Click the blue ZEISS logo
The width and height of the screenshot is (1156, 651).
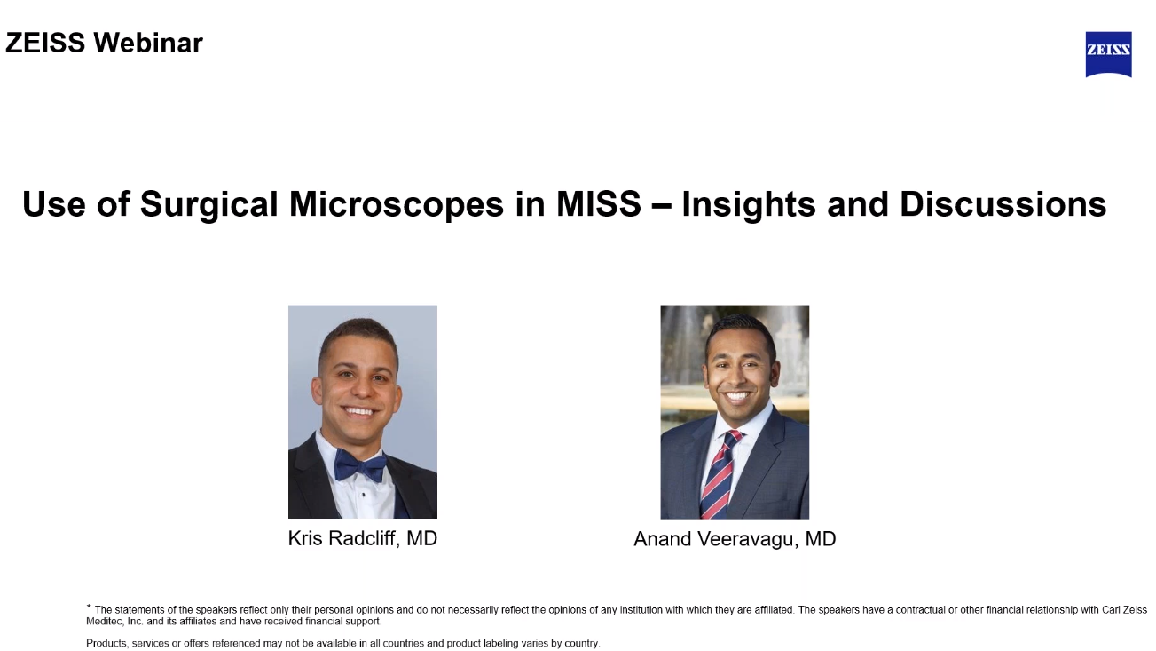tap(1108, 54)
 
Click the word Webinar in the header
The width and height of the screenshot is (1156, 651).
tap(148, 43)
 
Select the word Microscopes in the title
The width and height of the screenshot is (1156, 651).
tap(396, 204)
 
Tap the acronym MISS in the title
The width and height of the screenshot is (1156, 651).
tap(598, 203)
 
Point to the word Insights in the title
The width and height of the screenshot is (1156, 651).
tap(749, 205)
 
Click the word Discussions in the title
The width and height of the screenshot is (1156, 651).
tap(1003, 203)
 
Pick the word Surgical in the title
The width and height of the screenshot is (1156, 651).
tap(208, 204)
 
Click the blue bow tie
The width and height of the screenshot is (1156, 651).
tap(360, 465)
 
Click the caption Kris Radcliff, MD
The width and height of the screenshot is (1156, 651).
tap(362, 538)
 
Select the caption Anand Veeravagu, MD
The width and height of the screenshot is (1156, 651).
tap(735, 539)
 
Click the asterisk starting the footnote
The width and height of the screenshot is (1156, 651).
tap(89, 607)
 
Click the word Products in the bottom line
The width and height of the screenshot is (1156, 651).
tap(106, 643)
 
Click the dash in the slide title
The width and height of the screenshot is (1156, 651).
tap(662, 205)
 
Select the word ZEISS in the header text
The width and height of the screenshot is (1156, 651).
tap(45, 43)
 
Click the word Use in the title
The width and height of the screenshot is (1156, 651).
tap(54, 204)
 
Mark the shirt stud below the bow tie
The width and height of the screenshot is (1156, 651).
tap(364, 495)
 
